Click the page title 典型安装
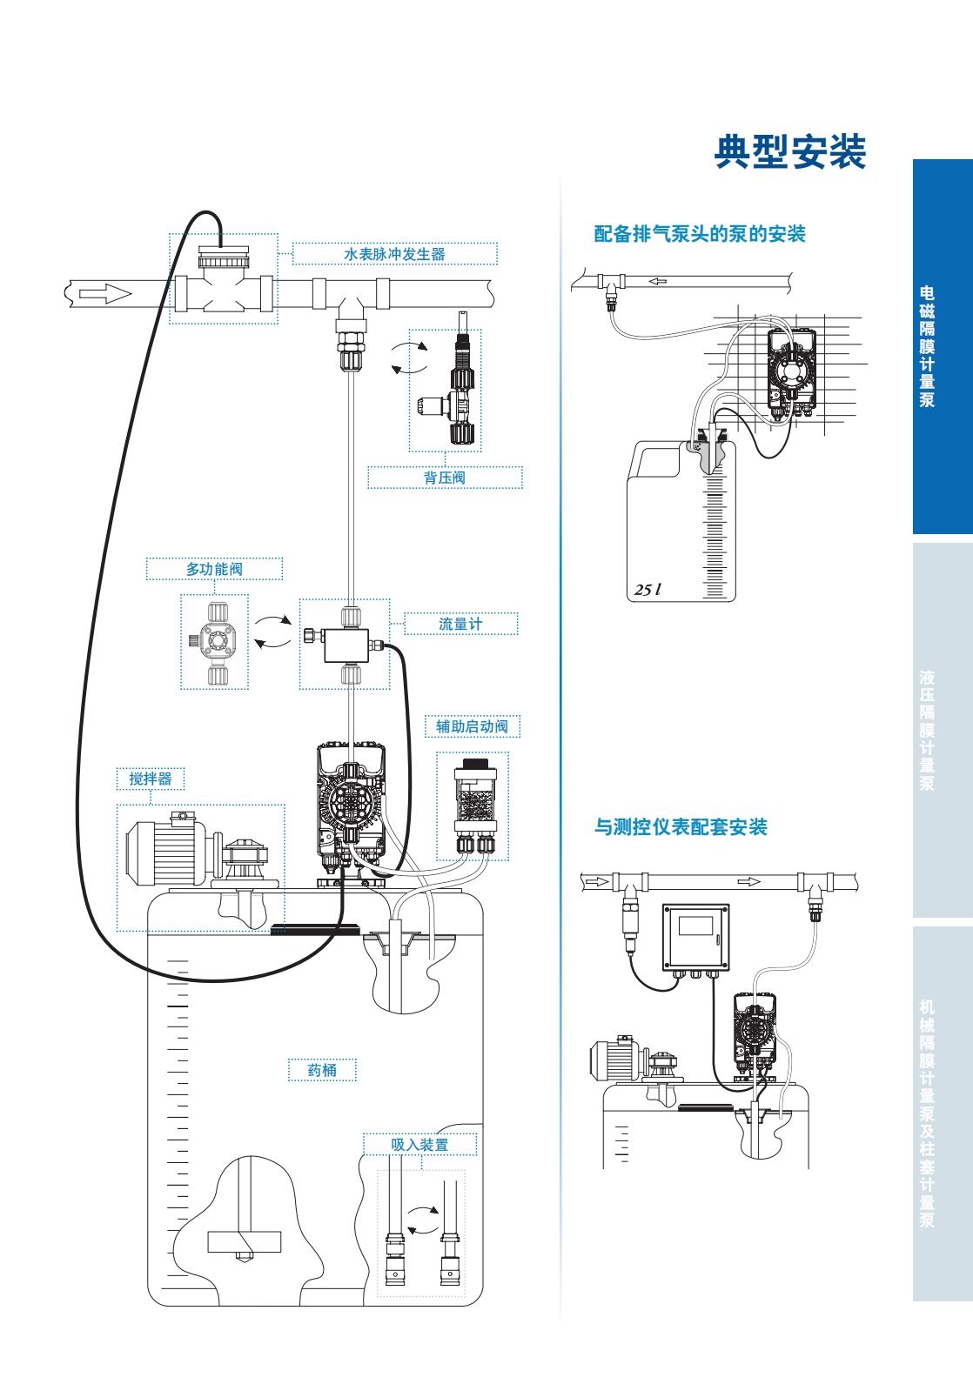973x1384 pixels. tap(790, 152)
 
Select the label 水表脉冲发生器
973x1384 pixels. tap(394, 254)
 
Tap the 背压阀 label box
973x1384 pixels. tap(445, 478)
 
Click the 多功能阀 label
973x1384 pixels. tap(214, 569)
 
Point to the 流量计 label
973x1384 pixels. tap(460, 624)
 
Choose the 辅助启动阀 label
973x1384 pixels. tap(472, 726)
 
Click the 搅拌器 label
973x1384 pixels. tap(151, 779)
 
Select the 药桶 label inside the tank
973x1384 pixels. tap(322, 1070)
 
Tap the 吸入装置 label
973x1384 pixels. tap(419, 1145)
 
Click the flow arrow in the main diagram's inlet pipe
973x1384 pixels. tap(105, 293)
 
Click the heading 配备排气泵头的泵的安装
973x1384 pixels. tap(700, 234)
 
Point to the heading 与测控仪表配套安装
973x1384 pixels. tap(681, 827)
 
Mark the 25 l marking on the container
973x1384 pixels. tap(647, 589)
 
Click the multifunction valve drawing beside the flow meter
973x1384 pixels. tap(214, 641)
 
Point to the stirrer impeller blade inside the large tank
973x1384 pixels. tap(245, 1242)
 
